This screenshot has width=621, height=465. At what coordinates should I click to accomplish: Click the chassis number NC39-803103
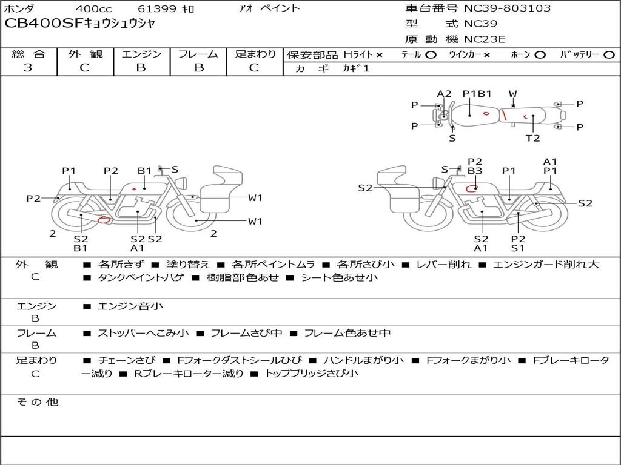507,8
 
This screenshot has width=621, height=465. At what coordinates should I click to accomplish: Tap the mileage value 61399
157,9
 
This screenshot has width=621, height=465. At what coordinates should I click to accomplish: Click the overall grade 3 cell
29,68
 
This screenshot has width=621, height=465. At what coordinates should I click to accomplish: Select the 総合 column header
29,54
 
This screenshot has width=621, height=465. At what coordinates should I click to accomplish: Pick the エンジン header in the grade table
141,54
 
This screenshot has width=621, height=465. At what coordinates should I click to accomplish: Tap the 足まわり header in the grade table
255,54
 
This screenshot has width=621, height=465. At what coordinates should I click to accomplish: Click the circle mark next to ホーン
540,55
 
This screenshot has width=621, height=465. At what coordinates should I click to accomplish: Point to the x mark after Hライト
379,55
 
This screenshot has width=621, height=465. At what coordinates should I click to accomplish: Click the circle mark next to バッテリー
609,55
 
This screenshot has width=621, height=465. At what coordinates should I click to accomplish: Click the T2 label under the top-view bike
532,138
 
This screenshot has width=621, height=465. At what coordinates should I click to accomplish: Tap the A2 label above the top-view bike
445,94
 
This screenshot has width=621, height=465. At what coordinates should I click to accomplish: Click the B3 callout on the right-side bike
475,171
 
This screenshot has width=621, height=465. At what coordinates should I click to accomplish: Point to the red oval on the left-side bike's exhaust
104,219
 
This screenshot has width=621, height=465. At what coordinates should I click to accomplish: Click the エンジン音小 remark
130,306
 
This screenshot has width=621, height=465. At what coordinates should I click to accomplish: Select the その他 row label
37,402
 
